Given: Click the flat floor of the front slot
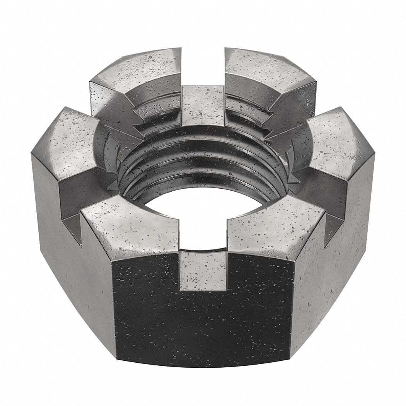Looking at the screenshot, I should pyautogui.click(x=203, y=271).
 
